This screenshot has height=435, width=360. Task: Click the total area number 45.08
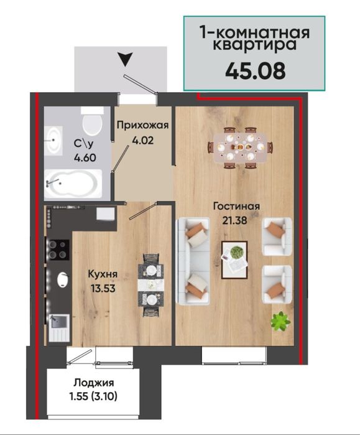click(255, 70)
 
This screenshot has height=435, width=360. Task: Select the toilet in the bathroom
click(93, 123)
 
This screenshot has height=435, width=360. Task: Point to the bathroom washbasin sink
click(53, 141)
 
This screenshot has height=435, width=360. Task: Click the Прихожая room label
click(142, 124)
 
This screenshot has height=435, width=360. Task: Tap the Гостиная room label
click(235, 207)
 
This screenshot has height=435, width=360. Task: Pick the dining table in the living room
click(240, 147)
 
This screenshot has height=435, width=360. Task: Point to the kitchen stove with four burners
click(58, 250)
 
